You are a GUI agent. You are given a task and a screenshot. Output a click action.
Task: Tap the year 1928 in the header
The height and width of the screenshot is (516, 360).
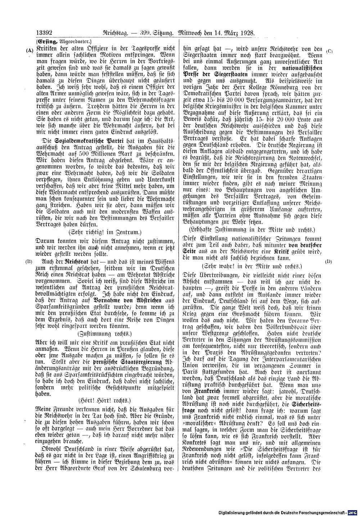click(x=247, y=32)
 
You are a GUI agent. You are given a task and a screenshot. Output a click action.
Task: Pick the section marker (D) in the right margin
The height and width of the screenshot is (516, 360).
click(x=328, y=261)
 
